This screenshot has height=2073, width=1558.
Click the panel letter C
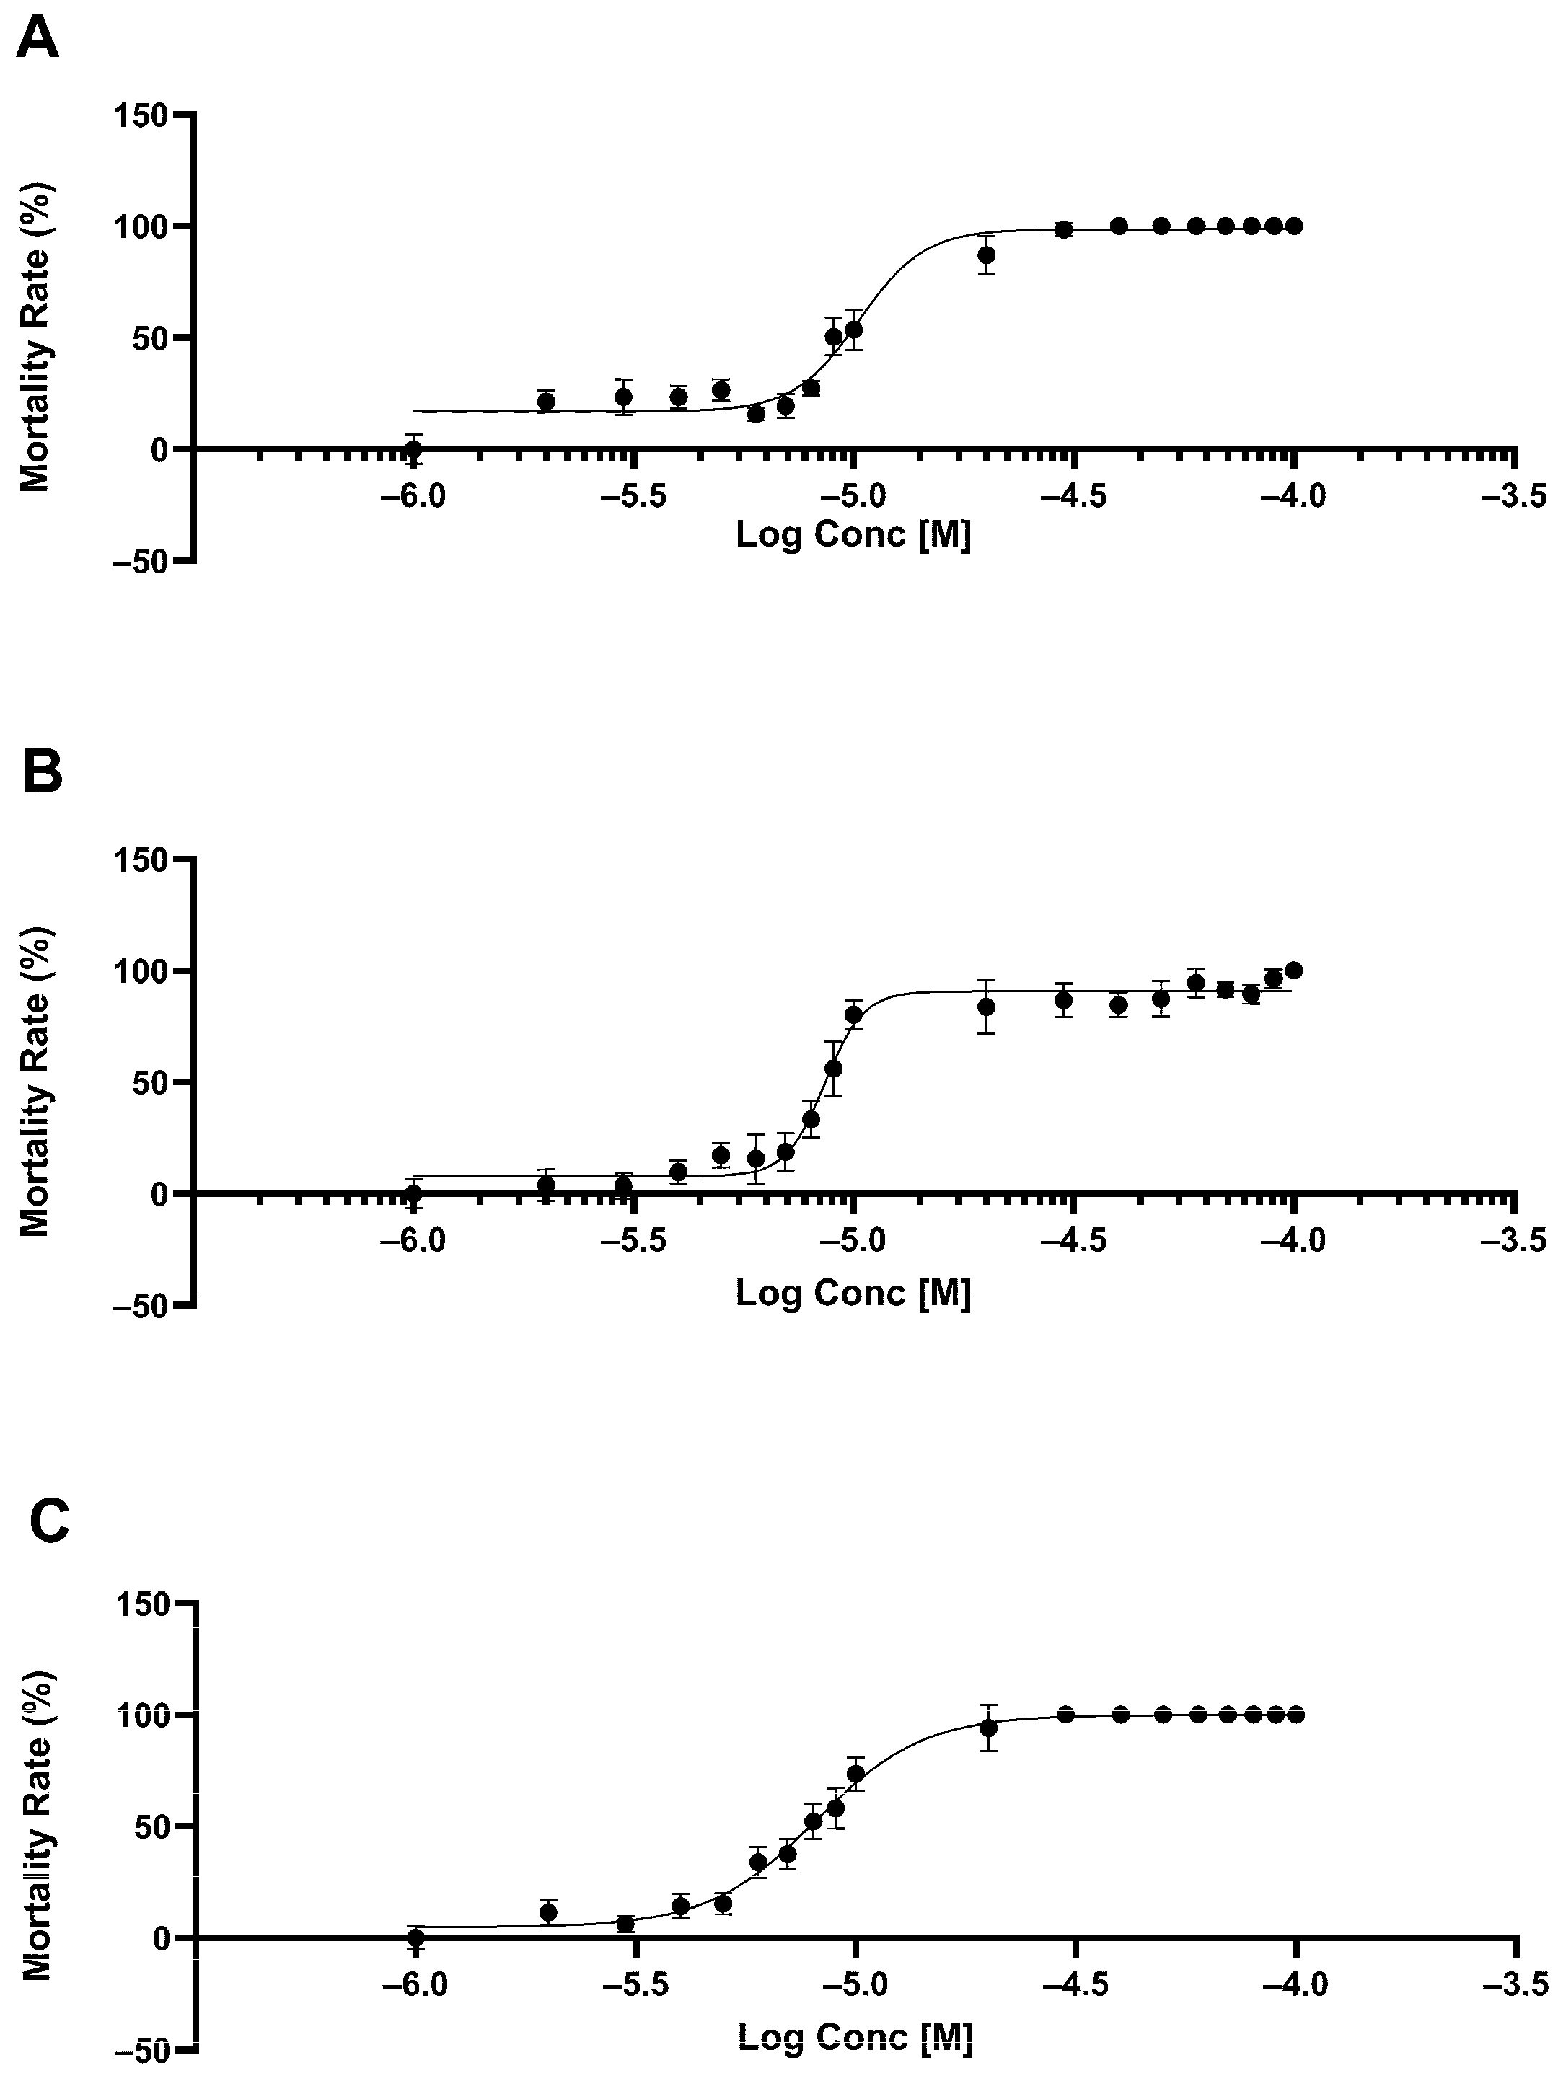pos(49,1520)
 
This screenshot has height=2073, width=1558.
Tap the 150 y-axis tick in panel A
pos(141,116)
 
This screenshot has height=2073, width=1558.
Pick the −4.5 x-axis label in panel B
pos(1074,1241)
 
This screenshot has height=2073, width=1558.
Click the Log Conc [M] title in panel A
pos(853,535)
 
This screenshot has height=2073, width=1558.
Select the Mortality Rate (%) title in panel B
pos(35,1082)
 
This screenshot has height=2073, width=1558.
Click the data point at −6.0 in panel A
pos(413,448)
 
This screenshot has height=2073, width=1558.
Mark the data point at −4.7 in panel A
pos(986,255)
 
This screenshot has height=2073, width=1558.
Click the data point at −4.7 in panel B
pos(986,1007)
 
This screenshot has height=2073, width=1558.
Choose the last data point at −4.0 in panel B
pos(1294,970)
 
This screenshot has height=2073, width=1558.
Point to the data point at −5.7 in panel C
pos(548,1911)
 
